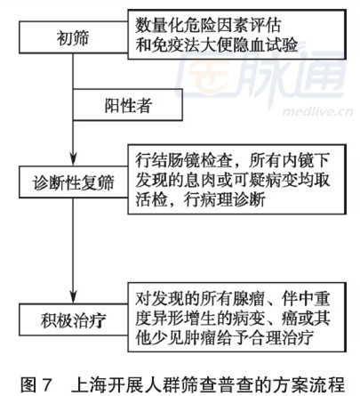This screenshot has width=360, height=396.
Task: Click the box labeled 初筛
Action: coord(74,37)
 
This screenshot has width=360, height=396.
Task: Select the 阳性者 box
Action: coord(128,104)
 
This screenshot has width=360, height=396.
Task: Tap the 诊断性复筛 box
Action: coord(74,182)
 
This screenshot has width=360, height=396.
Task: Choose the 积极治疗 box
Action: coord(74,319)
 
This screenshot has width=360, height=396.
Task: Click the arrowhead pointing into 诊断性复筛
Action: coord(74,158)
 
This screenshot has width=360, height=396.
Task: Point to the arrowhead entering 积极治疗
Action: coord(74,296)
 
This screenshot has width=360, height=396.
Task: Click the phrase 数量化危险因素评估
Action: coord(208,26)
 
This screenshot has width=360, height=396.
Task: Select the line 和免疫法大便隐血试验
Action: coord(217,45)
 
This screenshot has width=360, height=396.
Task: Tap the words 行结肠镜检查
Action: coord(184,160)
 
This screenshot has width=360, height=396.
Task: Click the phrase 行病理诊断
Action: coord(224,199)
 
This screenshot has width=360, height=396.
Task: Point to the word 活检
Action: coord(151,199)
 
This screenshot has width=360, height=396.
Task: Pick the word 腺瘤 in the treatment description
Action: coord(248,298)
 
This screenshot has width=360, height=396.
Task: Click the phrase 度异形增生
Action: coord(176,318)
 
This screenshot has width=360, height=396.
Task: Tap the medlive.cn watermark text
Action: coord(317,112)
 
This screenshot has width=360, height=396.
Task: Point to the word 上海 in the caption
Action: coord(88,384)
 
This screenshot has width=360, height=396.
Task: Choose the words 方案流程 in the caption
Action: coord(311,384)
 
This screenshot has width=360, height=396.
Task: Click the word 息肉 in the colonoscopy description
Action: coord(200,180)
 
